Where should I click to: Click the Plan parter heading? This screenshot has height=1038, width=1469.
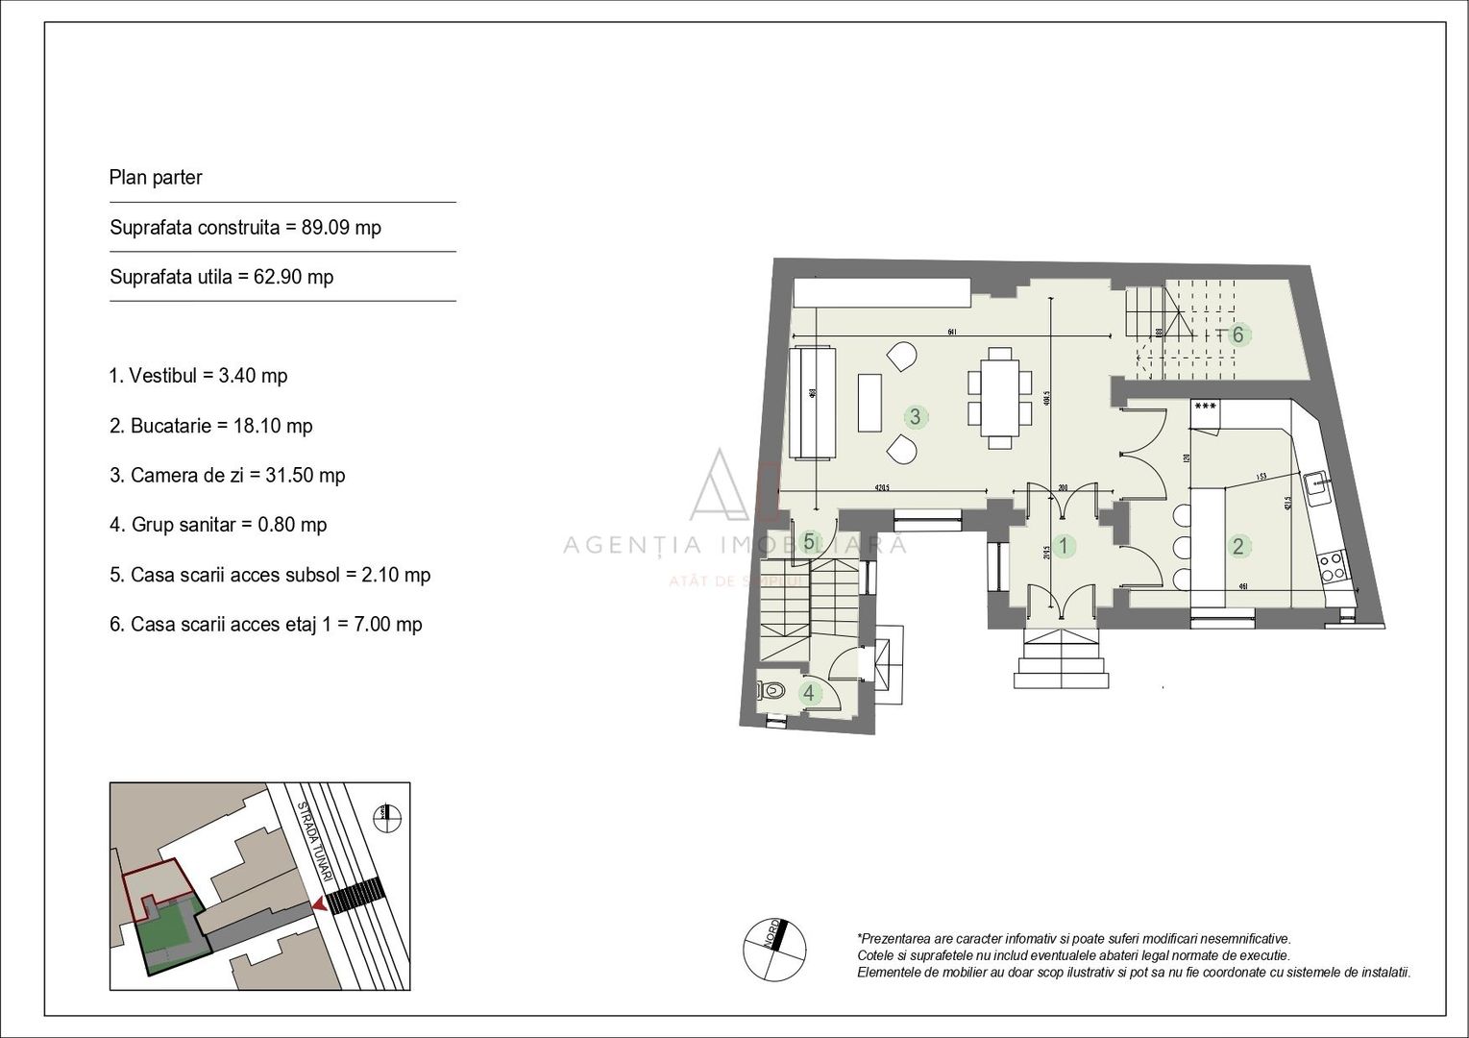156,178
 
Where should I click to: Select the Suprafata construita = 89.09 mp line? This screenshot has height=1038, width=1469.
245,228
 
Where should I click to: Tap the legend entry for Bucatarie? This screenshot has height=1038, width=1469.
210,426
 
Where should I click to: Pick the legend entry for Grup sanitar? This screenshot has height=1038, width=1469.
218,525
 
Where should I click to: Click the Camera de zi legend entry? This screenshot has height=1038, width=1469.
227,475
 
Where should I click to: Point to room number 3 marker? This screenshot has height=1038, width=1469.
915,416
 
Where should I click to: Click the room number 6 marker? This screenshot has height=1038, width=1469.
1237,334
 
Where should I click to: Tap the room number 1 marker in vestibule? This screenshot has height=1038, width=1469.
1063,547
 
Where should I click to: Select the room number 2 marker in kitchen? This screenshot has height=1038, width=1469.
1237,547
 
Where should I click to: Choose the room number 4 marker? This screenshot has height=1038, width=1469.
809,692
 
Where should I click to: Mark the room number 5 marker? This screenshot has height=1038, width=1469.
809,542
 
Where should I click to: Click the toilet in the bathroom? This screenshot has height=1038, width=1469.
771,690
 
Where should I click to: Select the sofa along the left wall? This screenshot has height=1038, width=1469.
812,403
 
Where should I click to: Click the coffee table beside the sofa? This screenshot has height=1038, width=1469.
870,403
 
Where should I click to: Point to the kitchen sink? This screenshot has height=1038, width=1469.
1316,486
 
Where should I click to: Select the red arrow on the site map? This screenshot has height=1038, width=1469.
318,903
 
